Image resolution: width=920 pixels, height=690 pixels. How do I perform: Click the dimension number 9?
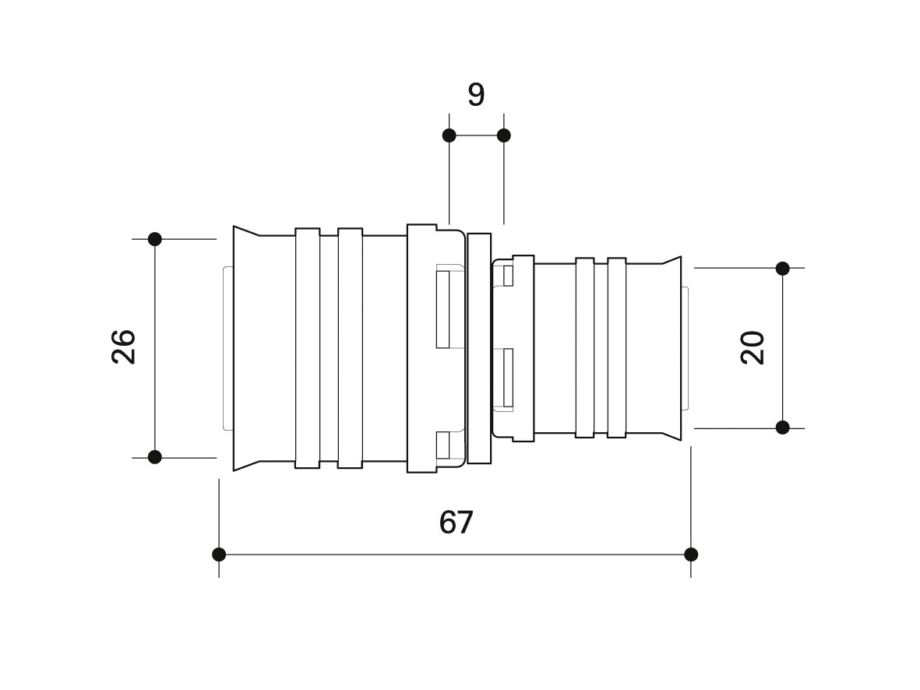476,94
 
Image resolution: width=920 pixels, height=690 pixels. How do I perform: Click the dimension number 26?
124,347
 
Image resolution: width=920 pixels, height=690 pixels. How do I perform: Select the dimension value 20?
753,348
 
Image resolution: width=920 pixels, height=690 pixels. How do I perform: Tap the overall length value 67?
456,523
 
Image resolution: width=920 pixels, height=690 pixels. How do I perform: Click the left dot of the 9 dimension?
449,136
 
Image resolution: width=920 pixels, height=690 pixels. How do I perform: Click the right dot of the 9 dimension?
503,136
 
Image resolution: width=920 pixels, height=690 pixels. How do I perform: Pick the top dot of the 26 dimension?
155,239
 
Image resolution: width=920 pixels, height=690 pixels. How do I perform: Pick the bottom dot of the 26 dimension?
155,457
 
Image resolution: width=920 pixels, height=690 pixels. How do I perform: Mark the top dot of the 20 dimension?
783,268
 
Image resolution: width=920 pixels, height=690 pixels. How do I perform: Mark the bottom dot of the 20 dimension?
783,428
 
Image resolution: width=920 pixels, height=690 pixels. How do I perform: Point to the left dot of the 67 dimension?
219,554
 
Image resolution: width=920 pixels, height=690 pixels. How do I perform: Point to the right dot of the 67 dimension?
691,554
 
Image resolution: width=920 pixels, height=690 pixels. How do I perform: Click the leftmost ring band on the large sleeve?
308,348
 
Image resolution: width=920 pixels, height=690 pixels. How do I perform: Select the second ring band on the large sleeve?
351,348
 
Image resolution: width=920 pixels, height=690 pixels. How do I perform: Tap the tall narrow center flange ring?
479,348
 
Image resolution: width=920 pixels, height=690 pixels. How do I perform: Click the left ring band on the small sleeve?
585,348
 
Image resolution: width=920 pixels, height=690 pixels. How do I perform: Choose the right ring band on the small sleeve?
617,348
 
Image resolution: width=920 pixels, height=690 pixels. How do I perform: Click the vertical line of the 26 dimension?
155,348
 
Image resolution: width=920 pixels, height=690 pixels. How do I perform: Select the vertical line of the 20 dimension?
783,348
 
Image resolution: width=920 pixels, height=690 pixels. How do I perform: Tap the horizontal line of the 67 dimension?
455,554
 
